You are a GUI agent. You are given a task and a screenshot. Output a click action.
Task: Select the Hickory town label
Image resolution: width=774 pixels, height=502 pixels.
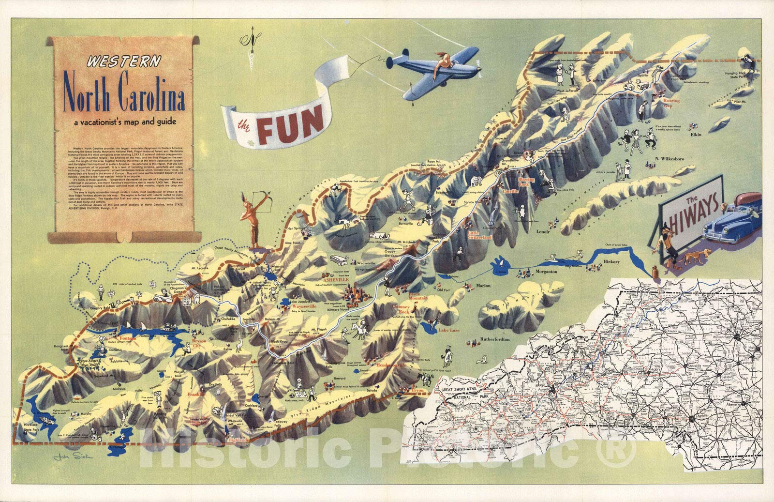(x=611, y=262)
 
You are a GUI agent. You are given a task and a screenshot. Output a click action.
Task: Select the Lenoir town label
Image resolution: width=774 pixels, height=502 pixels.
(x=543, y=232)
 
